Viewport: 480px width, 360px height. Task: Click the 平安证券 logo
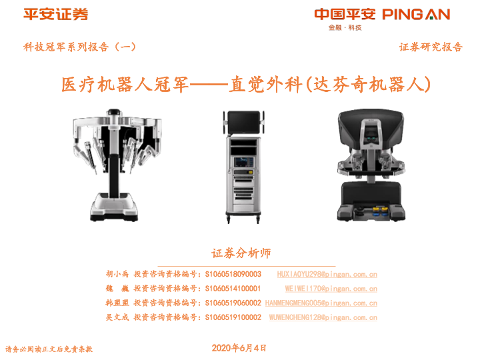pos(56,14)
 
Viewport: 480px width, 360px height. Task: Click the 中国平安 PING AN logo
pos(382,15)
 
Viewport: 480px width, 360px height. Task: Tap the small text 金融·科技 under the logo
pos(345,27)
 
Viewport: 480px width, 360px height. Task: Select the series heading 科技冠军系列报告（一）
pos(79,47)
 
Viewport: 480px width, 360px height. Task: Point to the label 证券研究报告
pos(431,47)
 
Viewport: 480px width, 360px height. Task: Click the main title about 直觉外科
pos(246,84)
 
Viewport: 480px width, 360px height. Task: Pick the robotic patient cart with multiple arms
pos(117,165)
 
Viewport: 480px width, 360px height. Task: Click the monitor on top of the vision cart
pos(244,123)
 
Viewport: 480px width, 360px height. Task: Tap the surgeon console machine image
pos(371,165)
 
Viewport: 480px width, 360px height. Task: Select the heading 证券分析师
pos(241,253)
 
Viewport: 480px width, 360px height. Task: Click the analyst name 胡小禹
pos(117,274)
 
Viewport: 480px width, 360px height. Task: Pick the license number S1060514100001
pos(233,289)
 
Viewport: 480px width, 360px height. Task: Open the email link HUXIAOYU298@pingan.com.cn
pos(327,274)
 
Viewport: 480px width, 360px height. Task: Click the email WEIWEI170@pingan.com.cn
pos(331,289)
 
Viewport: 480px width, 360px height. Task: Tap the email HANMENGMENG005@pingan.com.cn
pos(321,303)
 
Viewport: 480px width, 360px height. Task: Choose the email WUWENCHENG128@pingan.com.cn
pos(323,317)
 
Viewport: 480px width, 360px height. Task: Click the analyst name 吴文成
pos(117,317)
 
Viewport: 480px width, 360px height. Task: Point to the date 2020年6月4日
pos(239,348)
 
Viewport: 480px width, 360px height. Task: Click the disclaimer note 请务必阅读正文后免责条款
pos(49,349)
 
